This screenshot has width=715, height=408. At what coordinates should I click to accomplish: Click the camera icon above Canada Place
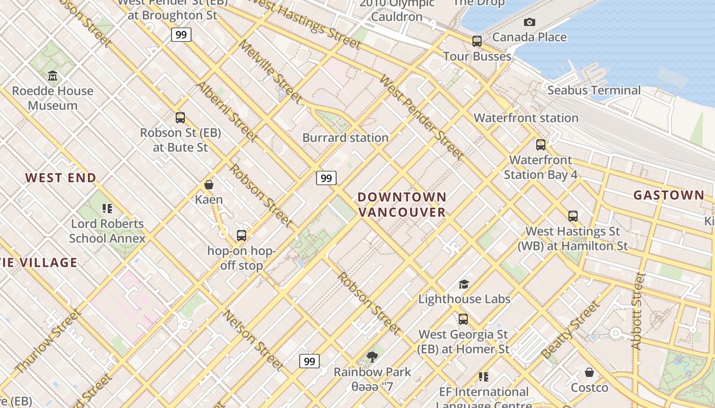(x=530, y=22)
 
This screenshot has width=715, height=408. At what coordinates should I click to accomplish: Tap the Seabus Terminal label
(x=594, y=90)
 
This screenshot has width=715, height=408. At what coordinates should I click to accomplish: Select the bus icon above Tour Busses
(x=476, y=41)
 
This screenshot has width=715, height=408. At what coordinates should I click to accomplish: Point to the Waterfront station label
(x=526, y=118)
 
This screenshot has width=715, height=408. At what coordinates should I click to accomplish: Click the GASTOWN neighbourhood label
(x=669, y=195)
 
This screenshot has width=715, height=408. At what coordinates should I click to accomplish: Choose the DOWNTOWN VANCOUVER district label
(x=402, y=205)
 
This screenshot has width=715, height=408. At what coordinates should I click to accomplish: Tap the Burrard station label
(x=345, y=138)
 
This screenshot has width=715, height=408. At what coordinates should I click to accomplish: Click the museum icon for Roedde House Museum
(x=53, y=76)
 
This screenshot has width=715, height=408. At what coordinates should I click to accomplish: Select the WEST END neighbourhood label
(x=61, y=178)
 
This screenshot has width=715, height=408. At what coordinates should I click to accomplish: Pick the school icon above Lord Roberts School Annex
(x=107, y=208)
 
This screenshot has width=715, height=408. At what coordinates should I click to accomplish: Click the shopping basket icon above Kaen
(x=208, y=184)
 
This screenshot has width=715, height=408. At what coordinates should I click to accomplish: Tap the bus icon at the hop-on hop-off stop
(x=242, y=236)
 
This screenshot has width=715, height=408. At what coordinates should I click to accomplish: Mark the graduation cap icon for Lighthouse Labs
(x=464, y=284)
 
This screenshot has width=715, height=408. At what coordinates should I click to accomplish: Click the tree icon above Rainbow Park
(x=372, y=357)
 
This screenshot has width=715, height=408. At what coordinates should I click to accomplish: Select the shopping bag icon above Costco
(x=589, y=373)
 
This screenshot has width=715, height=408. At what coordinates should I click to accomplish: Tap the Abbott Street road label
(x=638, y=311)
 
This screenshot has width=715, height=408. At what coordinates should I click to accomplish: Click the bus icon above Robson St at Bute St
(x=180, y=118)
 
